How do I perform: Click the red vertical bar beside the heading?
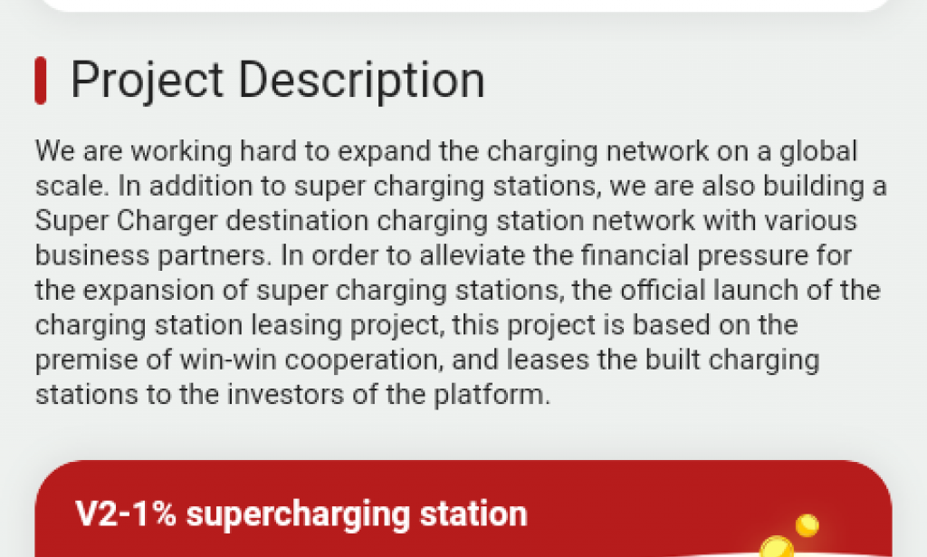click(40, 81)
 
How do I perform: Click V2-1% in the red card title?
click(128, 514)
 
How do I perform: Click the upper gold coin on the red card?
click(806, 524)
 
